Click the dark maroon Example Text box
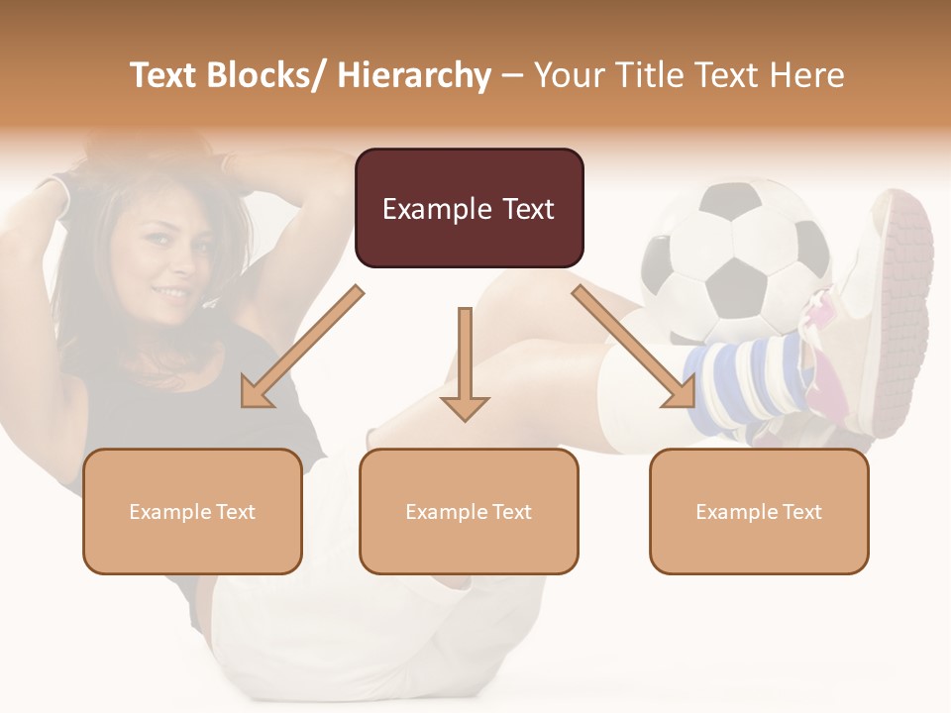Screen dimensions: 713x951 click(469, 208)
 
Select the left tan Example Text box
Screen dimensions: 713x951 click(192, 511)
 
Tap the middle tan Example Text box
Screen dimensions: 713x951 click(469, 511)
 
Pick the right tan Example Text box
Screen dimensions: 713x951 click(759, 511)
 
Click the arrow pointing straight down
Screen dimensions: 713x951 click(465, 366)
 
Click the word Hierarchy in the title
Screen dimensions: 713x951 click(413, 75)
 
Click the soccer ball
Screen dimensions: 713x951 click(733, 257)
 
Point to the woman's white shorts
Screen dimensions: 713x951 click(327, 594)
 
